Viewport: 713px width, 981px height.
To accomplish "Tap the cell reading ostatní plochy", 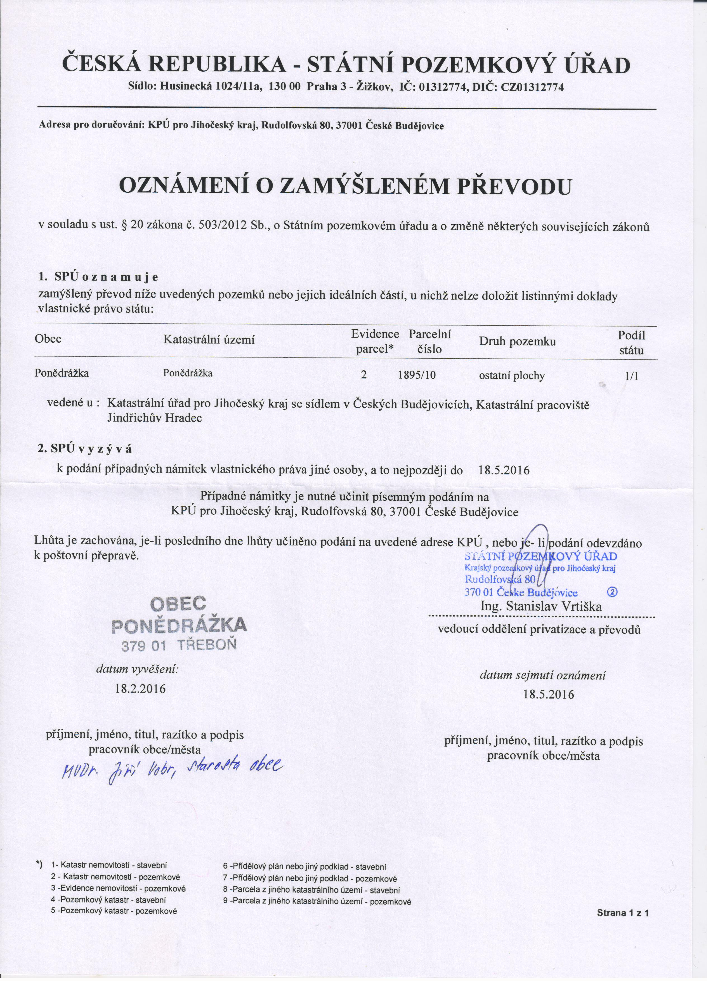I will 512,376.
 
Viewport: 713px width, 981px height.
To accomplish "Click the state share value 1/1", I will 631,376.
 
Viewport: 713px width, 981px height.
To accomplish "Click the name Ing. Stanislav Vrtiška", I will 541,606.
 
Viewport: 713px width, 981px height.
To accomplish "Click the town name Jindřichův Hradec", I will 154,418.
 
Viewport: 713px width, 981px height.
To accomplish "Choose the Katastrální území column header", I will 209,340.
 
